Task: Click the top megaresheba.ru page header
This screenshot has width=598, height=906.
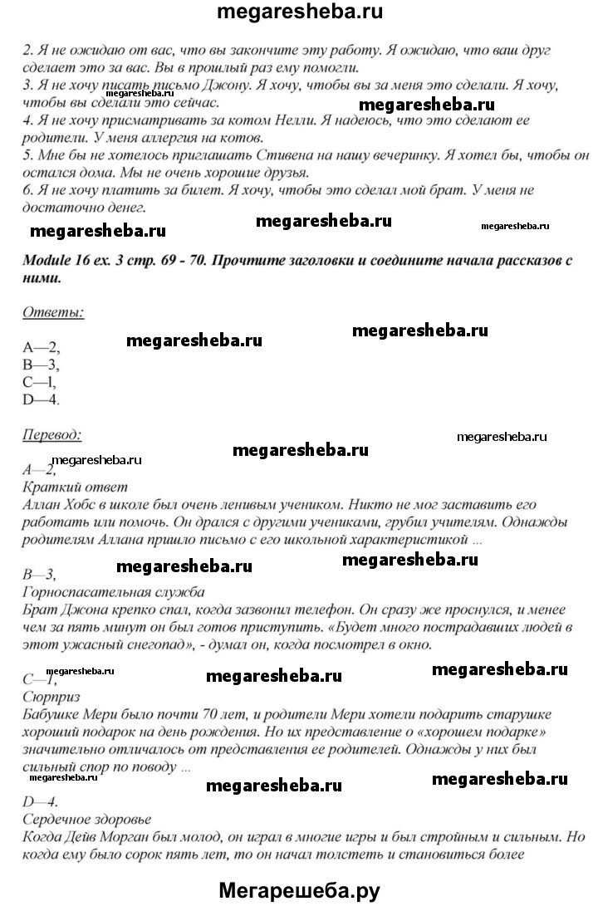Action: [x=299, y=13]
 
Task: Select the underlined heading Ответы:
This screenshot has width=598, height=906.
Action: [x=52, y=312]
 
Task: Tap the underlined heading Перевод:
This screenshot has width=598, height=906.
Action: [x=51, y=434]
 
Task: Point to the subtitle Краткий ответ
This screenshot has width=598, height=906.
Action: [x=75, y=487]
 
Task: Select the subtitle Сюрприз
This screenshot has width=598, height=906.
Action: [x=51, y=696]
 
